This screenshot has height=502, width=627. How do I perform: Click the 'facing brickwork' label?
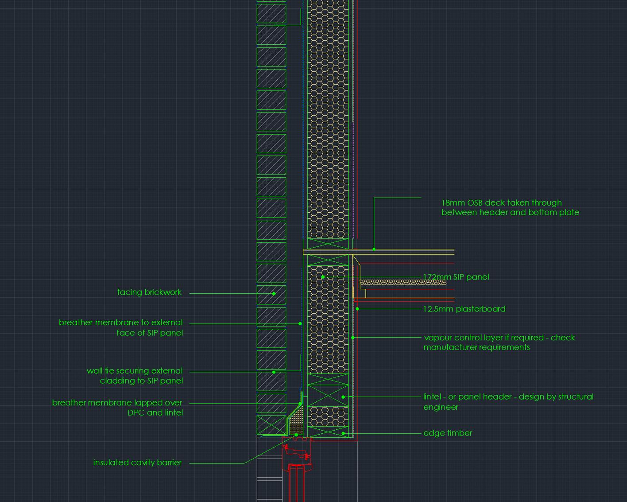pos(149,292)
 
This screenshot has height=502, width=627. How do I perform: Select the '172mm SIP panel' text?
pos(456,277)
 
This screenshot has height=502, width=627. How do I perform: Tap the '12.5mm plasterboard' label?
pos(464,309)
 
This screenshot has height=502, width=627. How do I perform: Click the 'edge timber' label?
pos(448,433)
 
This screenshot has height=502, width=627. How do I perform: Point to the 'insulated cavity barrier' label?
pos(137,463)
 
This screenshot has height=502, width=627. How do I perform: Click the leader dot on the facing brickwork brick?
pos(274,294)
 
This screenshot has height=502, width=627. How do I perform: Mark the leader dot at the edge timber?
pos(343,433)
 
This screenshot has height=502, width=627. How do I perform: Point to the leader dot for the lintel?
pos(343,397)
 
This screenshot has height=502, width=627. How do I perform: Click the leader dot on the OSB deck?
pos(374,249)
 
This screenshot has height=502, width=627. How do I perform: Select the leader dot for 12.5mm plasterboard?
pos(357,309)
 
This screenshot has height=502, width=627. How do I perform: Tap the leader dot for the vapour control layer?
pos(353,338)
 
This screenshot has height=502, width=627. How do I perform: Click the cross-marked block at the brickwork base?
pos(271,425)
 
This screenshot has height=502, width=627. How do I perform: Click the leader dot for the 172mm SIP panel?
pos(323,277)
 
